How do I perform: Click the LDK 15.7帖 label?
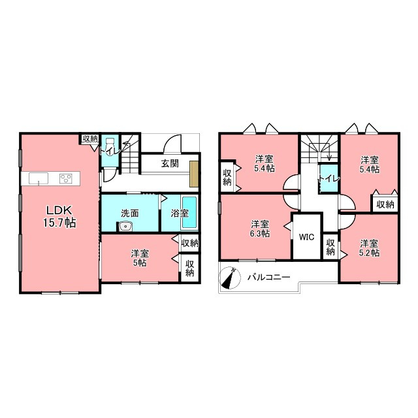pyautogui.click(x=59, y=216)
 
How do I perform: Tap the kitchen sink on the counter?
pyautogui.click(x=39, y=178)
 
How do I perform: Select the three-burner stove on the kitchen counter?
pyautogui.click(x=66, y=178)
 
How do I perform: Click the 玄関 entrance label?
pyautogui.click(x=170, y=163)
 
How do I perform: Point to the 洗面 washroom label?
pyautogui.click(x=130, y=214)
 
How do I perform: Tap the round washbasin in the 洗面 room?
pyautogui.click(x=124, y=227)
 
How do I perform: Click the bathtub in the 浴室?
pyautogui.click(x=190, y=212)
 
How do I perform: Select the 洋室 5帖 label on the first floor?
pyautogui.click(x=140, y=258)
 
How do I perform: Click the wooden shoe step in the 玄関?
pyautogui.click(x=194, y=174)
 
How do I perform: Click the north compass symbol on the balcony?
pyautogui.click(x=229, y=278)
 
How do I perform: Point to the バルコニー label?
pyautogui.click(x=268, y=277)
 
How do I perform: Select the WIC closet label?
pyautogui.click(x=306, y=236)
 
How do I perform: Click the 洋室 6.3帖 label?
pyautogui.click(x=260, y=229)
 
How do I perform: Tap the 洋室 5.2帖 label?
pyautogui.click(x=369, y=248)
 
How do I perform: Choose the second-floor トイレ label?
pyautogui.click(x=329, y=178)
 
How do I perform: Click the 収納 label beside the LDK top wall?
pyautogui.click(x=90, y=138)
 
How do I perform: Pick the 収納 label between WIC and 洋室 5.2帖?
pyautogui.click(x=330, y=247)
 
